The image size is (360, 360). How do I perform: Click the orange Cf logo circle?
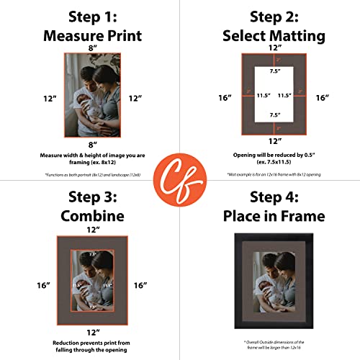[x=180, y=180]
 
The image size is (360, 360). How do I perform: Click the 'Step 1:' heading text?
[x=90, y=17]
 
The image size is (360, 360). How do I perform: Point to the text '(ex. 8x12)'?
[x=90, y=163]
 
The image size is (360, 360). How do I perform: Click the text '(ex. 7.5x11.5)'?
[x=270, y=163]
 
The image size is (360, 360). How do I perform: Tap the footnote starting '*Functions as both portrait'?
[x=90, y=175]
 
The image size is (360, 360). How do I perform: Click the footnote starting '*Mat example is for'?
[x=270, y=175]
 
